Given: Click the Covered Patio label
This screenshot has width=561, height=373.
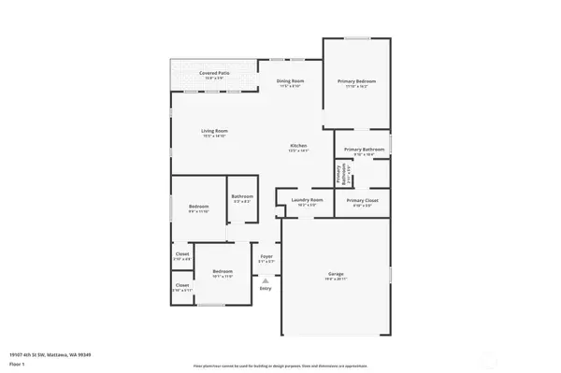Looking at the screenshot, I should [213, 72].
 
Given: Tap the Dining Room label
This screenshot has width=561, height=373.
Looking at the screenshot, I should [290, 81].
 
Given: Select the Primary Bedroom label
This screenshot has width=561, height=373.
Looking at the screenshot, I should [356, 81].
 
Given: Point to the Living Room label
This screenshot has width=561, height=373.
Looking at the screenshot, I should [214, 131].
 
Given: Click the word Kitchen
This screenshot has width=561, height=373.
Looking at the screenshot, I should [298, 147].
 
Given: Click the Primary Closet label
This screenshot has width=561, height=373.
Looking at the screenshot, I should [362, 200].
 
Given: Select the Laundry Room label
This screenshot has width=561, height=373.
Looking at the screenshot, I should [307, 200].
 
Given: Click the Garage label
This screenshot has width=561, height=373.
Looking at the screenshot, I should [336, 274].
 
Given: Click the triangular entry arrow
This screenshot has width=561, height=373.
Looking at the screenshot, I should [266, 280].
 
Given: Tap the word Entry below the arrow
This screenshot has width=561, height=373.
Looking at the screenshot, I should [266, 289].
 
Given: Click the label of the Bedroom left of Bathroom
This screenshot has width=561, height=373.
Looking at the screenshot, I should [198, 207].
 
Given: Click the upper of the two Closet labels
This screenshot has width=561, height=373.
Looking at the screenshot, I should [182, 255].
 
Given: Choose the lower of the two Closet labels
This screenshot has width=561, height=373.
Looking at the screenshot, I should [182, 286].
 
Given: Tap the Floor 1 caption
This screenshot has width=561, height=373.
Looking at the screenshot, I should [18, 364].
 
